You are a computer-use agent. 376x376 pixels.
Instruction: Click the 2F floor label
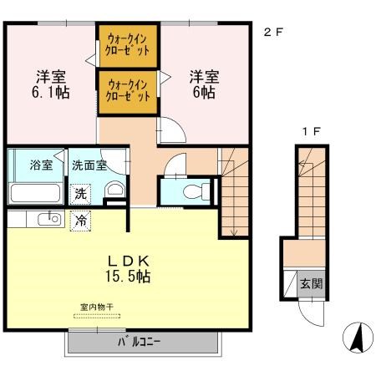[x=273, y=33]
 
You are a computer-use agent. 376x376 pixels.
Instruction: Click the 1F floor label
[x=312, y=131]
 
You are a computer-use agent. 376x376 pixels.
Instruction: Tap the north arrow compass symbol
[x=358, y=338]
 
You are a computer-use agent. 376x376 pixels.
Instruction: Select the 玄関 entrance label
[x=311, y=284]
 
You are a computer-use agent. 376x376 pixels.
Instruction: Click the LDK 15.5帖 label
[x=128, y=269]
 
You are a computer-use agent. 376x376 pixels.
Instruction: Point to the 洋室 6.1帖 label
[x=51, y=84]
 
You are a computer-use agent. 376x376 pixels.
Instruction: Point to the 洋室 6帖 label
[x=204, y=84]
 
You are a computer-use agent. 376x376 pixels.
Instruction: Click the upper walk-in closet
[x=128, y=46]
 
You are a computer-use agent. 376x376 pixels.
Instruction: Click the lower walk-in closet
[x=128, y=92]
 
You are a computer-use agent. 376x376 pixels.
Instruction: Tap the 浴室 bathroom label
[x=41, y=165]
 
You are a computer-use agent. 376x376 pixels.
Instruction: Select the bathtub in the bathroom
[x=35, y=193]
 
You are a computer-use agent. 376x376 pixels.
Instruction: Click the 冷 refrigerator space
[x=80, y=221]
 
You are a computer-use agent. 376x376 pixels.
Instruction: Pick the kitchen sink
[x=49, y=219]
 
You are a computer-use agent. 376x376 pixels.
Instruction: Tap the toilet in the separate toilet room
[x=196, y=191]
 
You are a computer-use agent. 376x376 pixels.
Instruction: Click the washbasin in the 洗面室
[x=114, y=189]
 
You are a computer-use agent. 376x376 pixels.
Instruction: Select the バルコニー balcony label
[x=140, y=342]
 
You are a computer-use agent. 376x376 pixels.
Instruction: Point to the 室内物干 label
[x=97, y=307]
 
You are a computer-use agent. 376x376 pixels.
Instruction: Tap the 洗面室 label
[x=89, y=165]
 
